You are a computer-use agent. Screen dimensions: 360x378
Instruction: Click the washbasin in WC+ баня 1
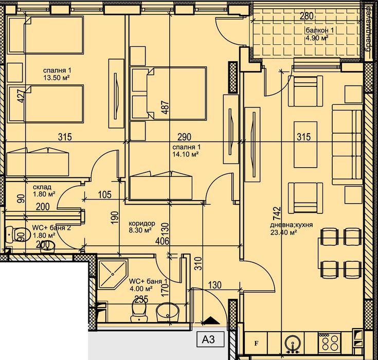point(167,311)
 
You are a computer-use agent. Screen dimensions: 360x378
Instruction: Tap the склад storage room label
point(41,187)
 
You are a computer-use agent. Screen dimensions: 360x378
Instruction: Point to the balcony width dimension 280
point(306,16)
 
